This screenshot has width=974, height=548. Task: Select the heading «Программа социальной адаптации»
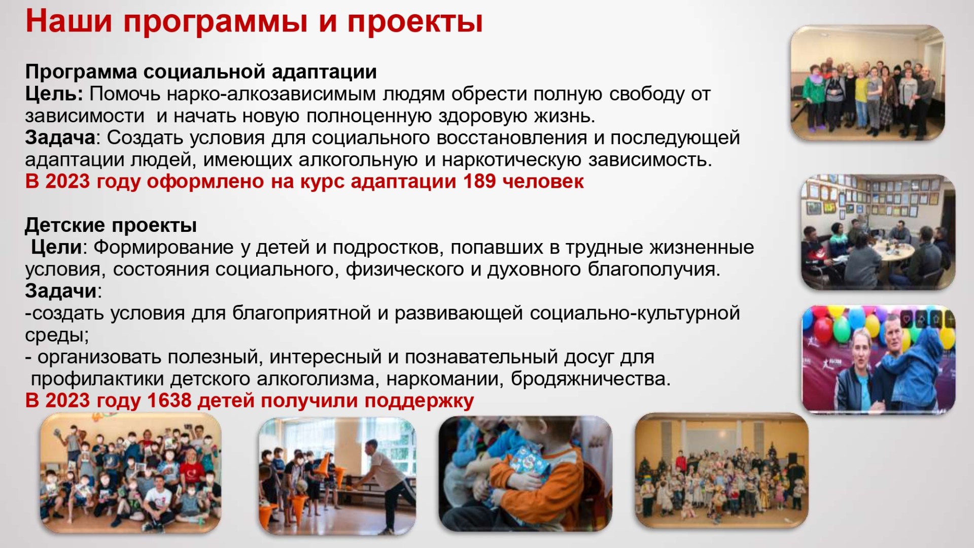pos(201,72)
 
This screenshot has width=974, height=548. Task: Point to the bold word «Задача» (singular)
pos(60,138)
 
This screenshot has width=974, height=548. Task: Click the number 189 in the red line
pos(479,181)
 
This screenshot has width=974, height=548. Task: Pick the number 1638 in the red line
pos(169,400)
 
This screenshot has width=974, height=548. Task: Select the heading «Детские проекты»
pos(111,225)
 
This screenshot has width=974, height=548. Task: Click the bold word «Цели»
pos(56,247)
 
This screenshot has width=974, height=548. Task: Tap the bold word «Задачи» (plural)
pos(61,291)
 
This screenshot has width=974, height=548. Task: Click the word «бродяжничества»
pos(590,379)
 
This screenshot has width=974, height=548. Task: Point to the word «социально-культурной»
pos(635,313)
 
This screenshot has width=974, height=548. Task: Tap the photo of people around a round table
pos(878,232)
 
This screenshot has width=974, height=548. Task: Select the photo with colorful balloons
pos(878,359)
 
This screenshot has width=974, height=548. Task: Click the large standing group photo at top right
pos(867,83)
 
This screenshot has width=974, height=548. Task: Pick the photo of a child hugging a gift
pos(525,474)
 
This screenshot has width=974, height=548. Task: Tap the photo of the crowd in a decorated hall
pos(721,470)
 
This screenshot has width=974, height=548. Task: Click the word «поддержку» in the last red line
pos(419,401)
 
